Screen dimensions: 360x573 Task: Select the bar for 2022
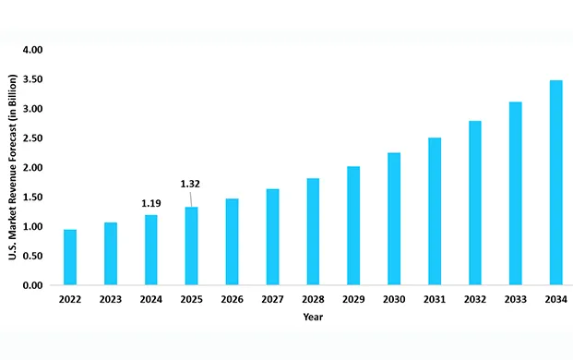coord(70,258)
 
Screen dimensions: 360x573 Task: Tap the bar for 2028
coord(313,232)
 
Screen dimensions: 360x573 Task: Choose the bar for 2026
coord(232,242)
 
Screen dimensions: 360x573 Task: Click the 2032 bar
coord(474,203)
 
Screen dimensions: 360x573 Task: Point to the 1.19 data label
coord(150,202)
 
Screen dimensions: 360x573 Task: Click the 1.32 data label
coord(190,184)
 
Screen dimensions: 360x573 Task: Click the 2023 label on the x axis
coord(111,300)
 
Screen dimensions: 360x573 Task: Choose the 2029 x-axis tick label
coord(353,300)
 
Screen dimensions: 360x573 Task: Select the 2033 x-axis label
coord(515,300)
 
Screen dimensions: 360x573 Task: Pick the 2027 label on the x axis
coord(272,300)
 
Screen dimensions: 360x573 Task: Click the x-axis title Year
coord(313,318)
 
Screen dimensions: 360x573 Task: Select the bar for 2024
coord(150,250)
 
